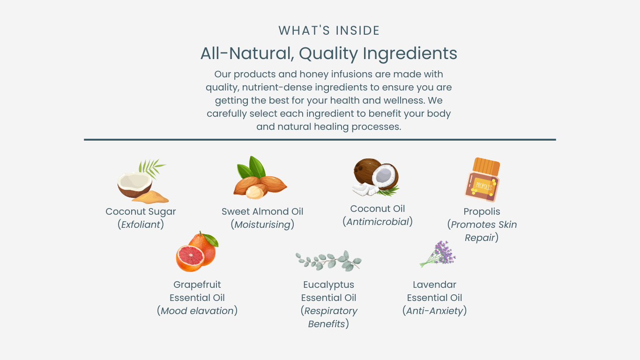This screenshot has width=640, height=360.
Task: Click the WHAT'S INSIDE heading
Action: point(329,30)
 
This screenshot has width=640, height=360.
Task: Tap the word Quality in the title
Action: point(328,54)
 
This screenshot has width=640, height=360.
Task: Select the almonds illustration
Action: point(260,177)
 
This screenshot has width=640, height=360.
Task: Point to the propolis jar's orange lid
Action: point(486,166)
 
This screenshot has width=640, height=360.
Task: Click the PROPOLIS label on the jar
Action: point(484,187)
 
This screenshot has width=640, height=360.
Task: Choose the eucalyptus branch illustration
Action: point(328,261)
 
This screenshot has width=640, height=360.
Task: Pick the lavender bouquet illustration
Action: point(438,254)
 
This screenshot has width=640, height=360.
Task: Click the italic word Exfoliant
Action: point(141,225)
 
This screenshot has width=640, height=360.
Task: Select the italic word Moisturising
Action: point(262,225)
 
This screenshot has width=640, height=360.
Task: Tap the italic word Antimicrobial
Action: point(378,222)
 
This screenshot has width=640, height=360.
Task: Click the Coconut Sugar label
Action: point(141,211)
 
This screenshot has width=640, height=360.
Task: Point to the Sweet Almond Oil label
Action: point(262,211)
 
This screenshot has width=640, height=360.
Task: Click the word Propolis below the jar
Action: point(482,211)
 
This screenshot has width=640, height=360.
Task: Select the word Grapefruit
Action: point(197,285)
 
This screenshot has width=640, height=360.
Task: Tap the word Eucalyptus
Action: point(328,285)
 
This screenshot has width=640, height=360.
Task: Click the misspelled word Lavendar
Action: point(434,285)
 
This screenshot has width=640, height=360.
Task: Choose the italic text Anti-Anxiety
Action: point(435,311)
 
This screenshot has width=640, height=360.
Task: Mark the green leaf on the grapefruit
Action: point(210,240)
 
